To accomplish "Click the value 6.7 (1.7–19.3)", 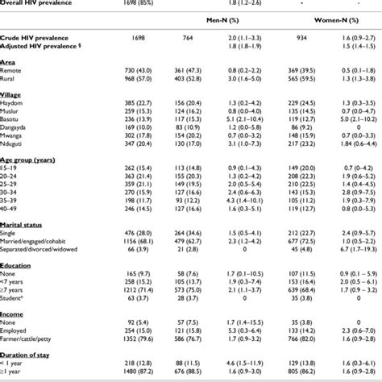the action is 350,251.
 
